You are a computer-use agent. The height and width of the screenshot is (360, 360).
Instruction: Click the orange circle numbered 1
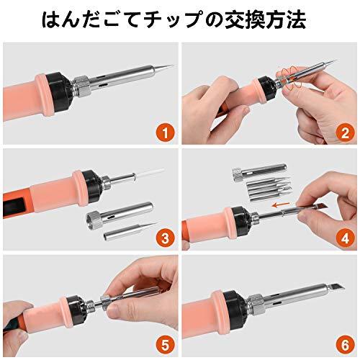[164, 132]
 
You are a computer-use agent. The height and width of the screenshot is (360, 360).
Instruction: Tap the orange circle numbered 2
[344, 132]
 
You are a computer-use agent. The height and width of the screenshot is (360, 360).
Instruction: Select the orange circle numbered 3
[164, 238]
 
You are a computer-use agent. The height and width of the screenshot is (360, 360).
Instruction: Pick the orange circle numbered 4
[344, 238]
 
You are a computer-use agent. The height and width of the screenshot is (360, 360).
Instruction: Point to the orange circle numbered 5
[164, 344]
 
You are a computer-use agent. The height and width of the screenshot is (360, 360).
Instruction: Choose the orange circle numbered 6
[344, 344]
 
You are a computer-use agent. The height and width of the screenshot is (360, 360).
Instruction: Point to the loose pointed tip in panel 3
[133, 230]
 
